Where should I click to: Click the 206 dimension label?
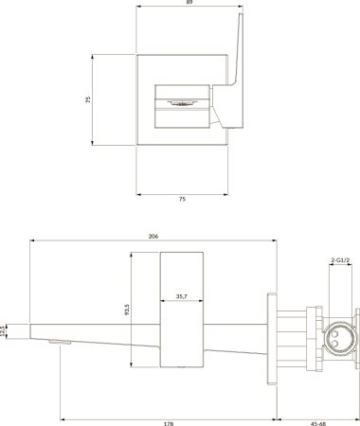tap(153, 236)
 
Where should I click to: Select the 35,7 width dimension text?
tap(182, 296)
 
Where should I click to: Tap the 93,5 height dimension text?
tap(127, 310)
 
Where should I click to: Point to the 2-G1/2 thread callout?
tap(340, 260)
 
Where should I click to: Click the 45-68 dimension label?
tap(319, 423)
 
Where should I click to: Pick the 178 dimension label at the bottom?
tap(169, 423)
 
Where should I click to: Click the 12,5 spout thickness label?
tap(3, 331)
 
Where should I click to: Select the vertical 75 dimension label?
tap(88, 99)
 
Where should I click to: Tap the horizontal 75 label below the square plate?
tap(182, 199)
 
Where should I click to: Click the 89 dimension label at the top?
tap(189, 2)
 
